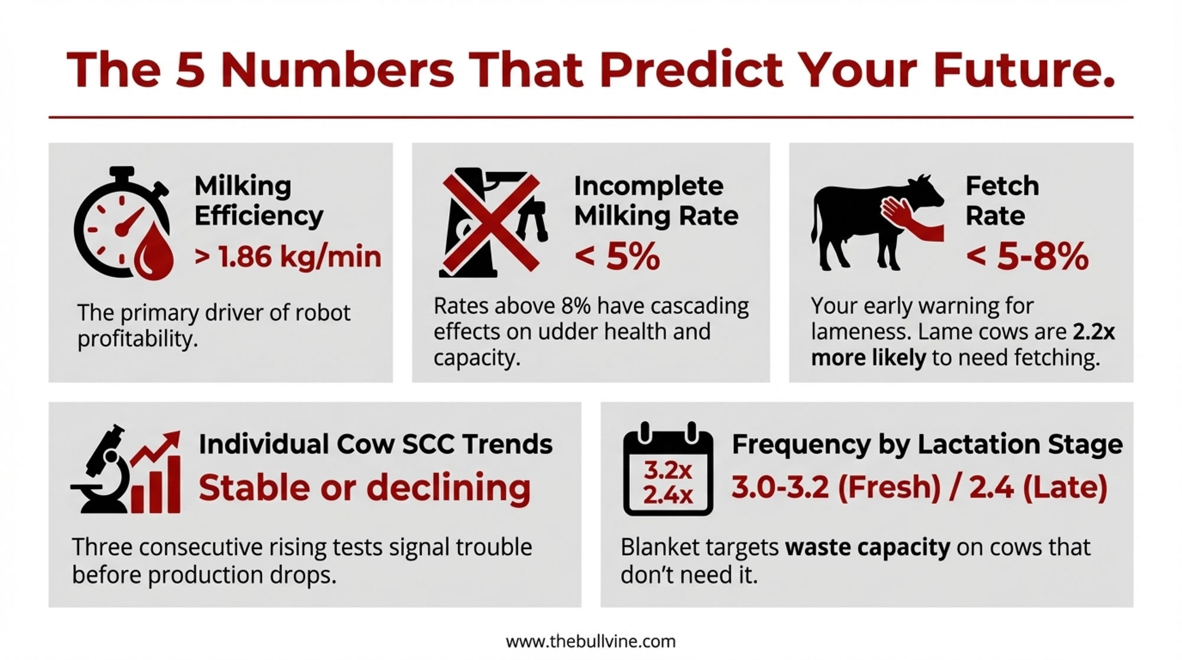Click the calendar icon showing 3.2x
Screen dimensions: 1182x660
click(x=668, y=468)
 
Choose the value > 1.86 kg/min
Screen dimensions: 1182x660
click(x=288, y=257)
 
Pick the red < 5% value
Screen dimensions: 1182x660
click(x=617, y=257)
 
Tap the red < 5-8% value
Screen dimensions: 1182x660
click(x=1027, y=257)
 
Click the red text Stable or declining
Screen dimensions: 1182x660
click(x=365, y=488)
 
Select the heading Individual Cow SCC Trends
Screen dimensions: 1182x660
click(x=375, y=444)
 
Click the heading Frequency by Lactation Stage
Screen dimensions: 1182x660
click(x=927, y=445)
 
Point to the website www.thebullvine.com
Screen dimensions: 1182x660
click(x=590, y=641)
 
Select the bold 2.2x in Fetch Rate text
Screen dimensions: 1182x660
click(x=1094, y=332)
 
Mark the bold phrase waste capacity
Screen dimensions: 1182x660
click(x=868, y=548)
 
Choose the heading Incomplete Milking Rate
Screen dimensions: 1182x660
click(x=656, y=201)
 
